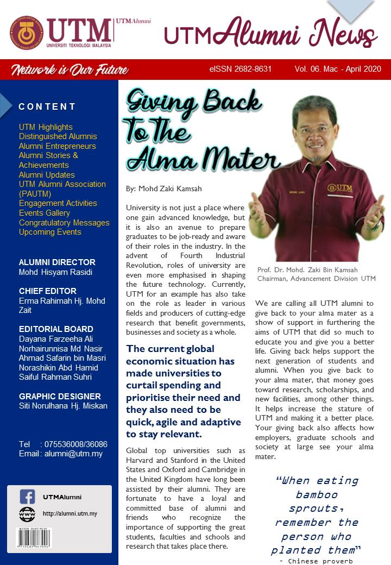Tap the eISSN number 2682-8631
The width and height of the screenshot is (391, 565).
pyautogui.click(x=240, y=70)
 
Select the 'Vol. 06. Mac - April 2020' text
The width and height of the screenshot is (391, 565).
pyautogui.click(x=338, y=70)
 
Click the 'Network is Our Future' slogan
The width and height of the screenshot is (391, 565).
pyautogui.click(x=70, y=70)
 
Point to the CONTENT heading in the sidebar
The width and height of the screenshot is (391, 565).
pyautogui.click(x=47, y=106)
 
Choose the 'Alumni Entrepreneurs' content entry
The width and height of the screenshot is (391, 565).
pyautogui.click(x=57, y=146)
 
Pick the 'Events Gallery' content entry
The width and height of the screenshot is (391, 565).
pyautogui.click(x=44, y=213)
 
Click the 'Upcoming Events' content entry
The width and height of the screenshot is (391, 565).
pyautogui.click(x=50, y=232)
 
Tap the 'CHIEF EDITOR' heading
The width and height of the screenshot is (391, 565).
pyautogui.click(x=48, y=291)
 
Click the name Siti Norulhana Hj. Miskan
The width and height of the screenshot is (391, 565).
pyautogui.click(x=63, y=406)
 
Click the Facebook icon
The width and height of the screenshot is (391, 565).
pyautogui.click(x=27, y=497)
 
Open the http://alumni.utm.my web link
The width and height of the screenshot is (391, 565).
pyautogui.click(x=70, y=513)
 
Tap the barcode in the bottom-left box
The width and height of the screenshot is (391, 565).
pyautogui.click(x=34, y=537)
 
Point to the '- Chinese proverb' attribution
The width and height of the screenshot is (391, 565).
pyautogui.click(x=316, y=561)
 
